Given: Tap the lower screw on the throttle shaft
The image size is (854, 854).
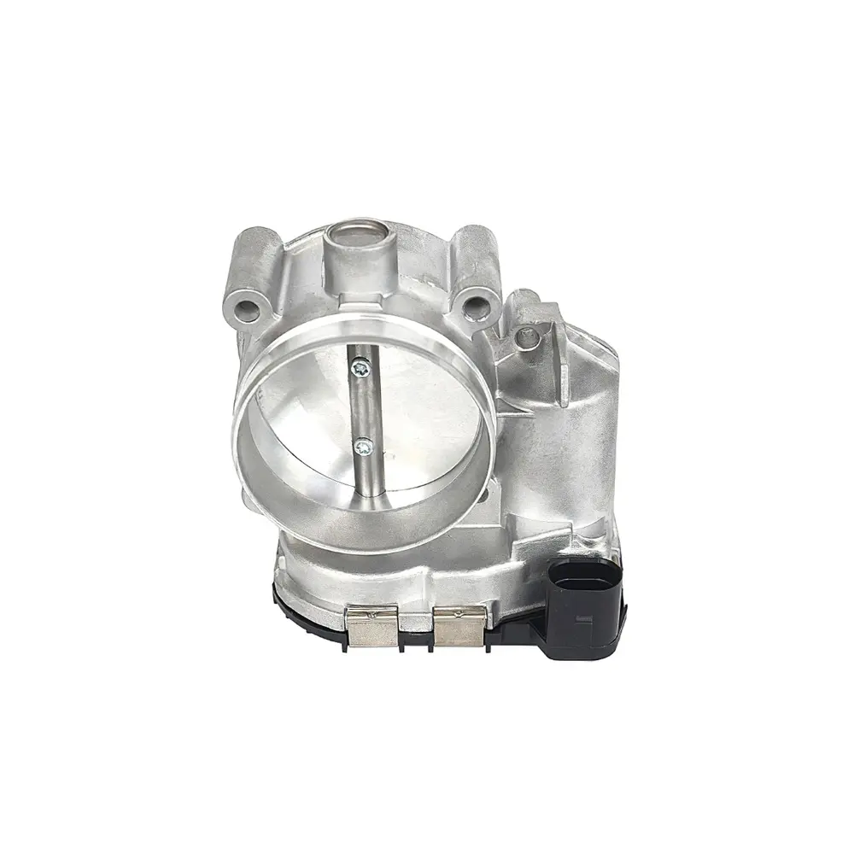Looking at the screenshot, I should pos(364,444).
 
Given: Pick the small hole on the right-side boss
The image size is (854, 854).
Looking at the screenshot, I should pos(528,338).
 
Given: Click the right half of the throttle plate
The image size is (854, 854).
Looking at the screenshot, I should pos(418,427).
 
